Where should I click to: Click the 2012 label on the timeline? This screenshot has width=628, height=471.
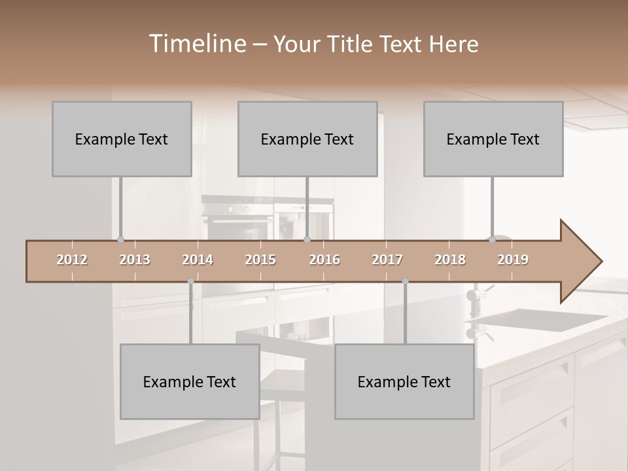pos(72,260)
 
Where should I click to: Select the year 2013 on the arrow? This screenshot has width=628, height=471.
pos(135,260)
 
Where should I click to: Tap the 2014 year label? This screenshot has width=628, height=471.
pos(198,260)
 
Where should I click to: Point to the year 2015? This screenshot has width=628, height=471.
pos(260,260)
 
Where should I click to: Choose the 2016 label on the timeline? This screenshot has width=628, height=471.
pos(324,260)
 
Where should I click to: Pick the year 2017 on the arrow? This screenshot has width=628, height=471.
pos(387,260)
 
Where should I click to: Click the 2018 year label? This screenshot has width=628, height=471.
pos(450,260)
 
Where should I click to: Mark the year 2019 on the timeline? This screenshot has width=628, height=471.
pos(513,260)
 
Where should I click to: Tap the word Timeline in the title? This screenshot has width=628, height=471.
pos(196,44)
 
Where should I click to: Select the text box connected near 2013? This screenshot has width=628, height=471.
pos(122,139)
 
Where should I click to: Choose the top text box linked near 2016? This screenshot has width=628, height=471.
pos(307,139)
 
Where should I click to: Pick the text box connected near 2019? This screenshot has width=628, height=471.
pos(493,139)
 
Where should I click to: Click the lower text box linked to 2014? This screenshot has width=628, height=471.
pos(190,381)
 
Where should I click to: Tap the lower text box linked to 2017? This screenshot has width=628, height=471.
pos(404,381)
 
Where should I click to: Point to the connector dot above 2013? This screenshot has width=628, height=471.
pos(120,239)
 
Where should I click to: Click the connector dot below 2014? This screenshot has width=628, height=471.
pos(190,281)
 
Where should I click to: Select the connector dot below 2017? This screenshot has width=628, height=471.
pos(405,281)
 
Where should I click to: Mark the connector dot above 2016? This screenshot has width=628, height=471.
pos(307,239)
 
